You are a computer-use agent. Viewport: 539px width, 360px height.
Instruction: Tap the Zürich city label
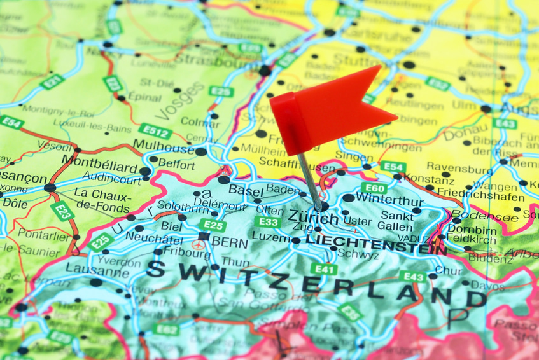point(313,216)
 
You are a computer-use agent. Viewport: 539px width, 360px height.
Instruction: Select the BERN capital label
point(229,241)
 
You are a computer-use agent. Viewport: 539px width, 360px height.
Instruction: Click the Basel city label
point(246,190)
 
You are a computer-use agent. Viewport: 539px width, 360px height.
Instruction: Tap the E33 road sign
point(268,221)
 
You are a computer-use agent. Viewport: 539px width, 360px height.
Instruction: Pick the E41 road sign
point(325,269)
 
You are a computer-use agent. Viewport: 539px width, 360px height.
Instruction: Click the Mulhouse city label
point(164,149)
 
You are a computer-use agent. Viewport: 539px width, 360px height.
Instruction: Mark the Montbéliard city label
point(99,167)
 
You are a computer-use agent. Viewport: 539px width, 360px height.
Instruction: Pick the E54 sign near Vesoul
point(12,122)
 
